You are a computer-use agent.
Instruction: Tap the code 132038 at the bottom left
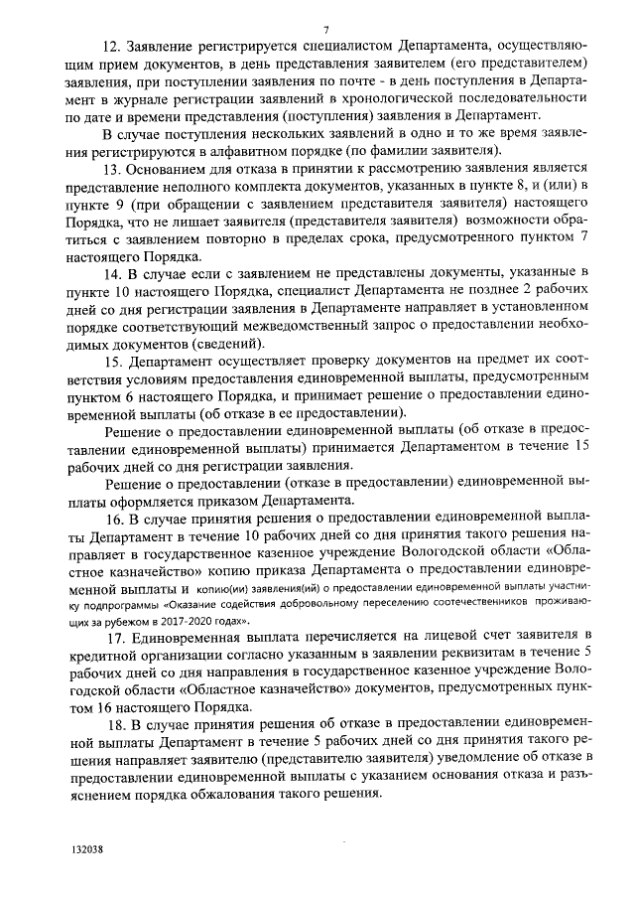pos(87,850)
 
